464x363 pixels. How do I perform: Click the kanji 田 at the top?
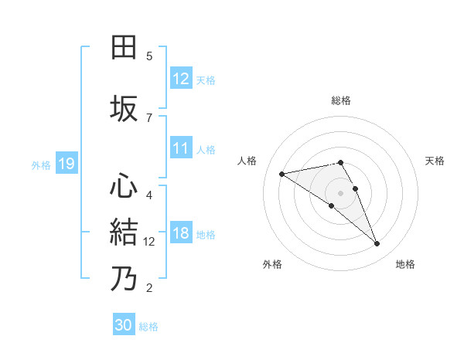click(125, 48)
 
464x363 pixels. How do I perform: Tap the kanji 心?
click(125, 186)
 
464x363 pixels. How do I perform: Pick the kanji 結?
click(125, 232)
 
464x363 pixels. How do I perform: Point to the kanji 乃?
click(125, 279)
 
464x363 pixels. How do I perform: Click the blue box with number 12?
click(181, 79)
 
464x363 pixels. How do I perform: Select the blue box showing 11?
click(181, 149)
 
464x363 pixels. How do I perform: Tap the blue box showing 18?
click(181, 234)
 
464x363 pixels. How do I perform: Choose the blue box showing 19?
click(66, 164)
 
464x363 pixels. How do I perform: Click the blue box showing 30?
click(124, 325)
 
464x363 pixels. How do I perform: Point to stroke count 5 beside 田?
click(149, 56)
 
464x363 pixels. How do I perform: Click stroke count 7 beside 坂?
click(149, 117)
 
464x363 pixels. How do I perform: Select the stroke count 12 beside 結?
click(149, 241)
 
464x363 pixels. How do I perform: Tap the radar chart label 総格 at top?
click(341, 100)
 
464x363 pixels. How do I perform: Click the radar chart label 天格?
click(435, 161)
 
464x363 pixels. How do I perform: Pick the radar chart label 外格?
click(272, 264)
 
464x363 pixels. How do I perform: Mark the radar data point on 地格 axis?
click(377, 244)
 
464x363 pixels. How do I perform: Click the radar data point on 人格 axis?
click(281, 173)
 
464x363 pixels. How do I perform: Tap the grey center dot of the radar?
click(341, 192)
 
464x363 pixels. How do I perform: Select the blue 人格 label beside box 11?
click(206, 150)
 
